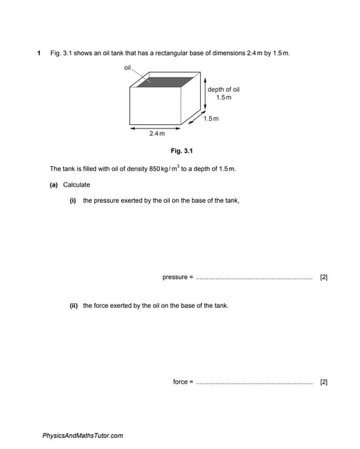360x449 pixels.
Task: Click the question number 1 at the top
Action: pyautogui.click(x=39, y=53)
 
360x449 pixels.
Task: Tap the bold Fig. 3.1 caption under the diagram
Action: pyautogui.click(x=181, y=151)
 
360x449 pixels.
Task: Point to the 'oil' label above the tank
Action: pyautogui.click(x=128, y=67)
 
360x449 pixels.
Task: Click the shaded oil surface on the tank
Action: pyautogui.click(x=164, y=81)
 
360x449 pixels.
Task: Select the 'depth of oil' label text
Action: pyautogui.click(x=223, y=89)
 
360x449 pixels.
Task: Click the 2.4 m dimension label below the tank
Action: pyautogui.click(x=156, y=133)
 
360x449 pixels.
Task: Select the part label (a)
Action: pyautogui.click(x=53, y=185)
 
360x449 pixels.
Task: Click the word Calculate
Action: pyautogui.click(x=76, y=185)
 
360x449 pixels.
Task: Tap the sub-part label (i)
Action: pyautogui.click(x=72, y=201)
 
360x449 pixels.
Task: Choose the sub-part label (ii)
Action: pyautogui.click(x=73, y=306)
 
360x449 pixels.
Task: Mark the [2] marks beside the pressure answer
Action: pyautogui.click(x=324, y=277)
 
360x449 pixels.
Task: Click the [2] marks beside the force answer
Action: pyautogui.click(x=324, y=382)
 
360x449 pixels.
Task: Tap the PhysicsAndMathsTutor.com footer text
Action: pyautogui.click(x=83, y=436)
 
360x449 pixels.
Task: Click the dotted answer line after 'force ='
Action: pyautogui.click(x=254, y=383)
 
